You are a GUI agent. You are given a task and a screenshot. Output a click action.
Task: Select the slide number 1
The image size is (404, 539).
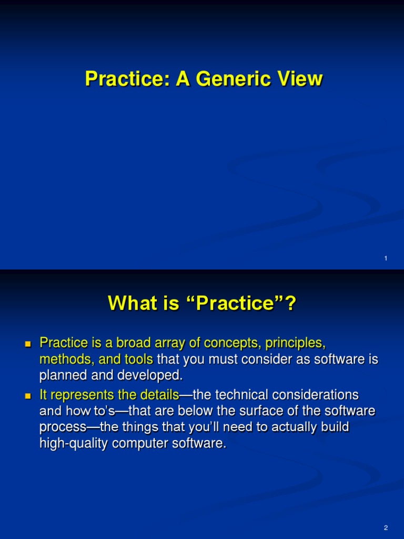tap(386, 258)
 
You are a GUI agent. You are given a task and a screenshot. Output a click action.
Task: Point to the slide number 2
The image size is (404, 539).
tap(386, 527)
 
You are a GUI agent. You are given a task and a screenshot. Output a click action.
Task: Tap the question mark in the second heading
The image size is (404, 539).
tap(291, 303)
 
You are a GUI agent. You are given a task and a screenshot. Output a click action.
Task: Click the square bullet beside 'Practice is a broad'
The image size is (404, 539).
tap(28, 344)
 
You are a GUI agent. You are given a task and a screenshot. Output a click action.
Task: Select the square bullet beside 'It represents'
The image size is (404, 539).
tap(28, 396)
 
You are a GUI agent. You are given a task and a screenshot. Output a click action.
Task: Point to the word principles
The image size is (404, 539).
tap(295, 343)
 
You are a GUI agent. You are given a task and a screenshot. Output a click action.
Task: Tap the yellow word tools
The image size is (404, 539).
tap(138, 359)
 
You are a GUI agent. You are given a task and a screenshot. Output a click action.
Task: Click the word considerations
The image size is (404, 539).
tap(316, 395)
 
